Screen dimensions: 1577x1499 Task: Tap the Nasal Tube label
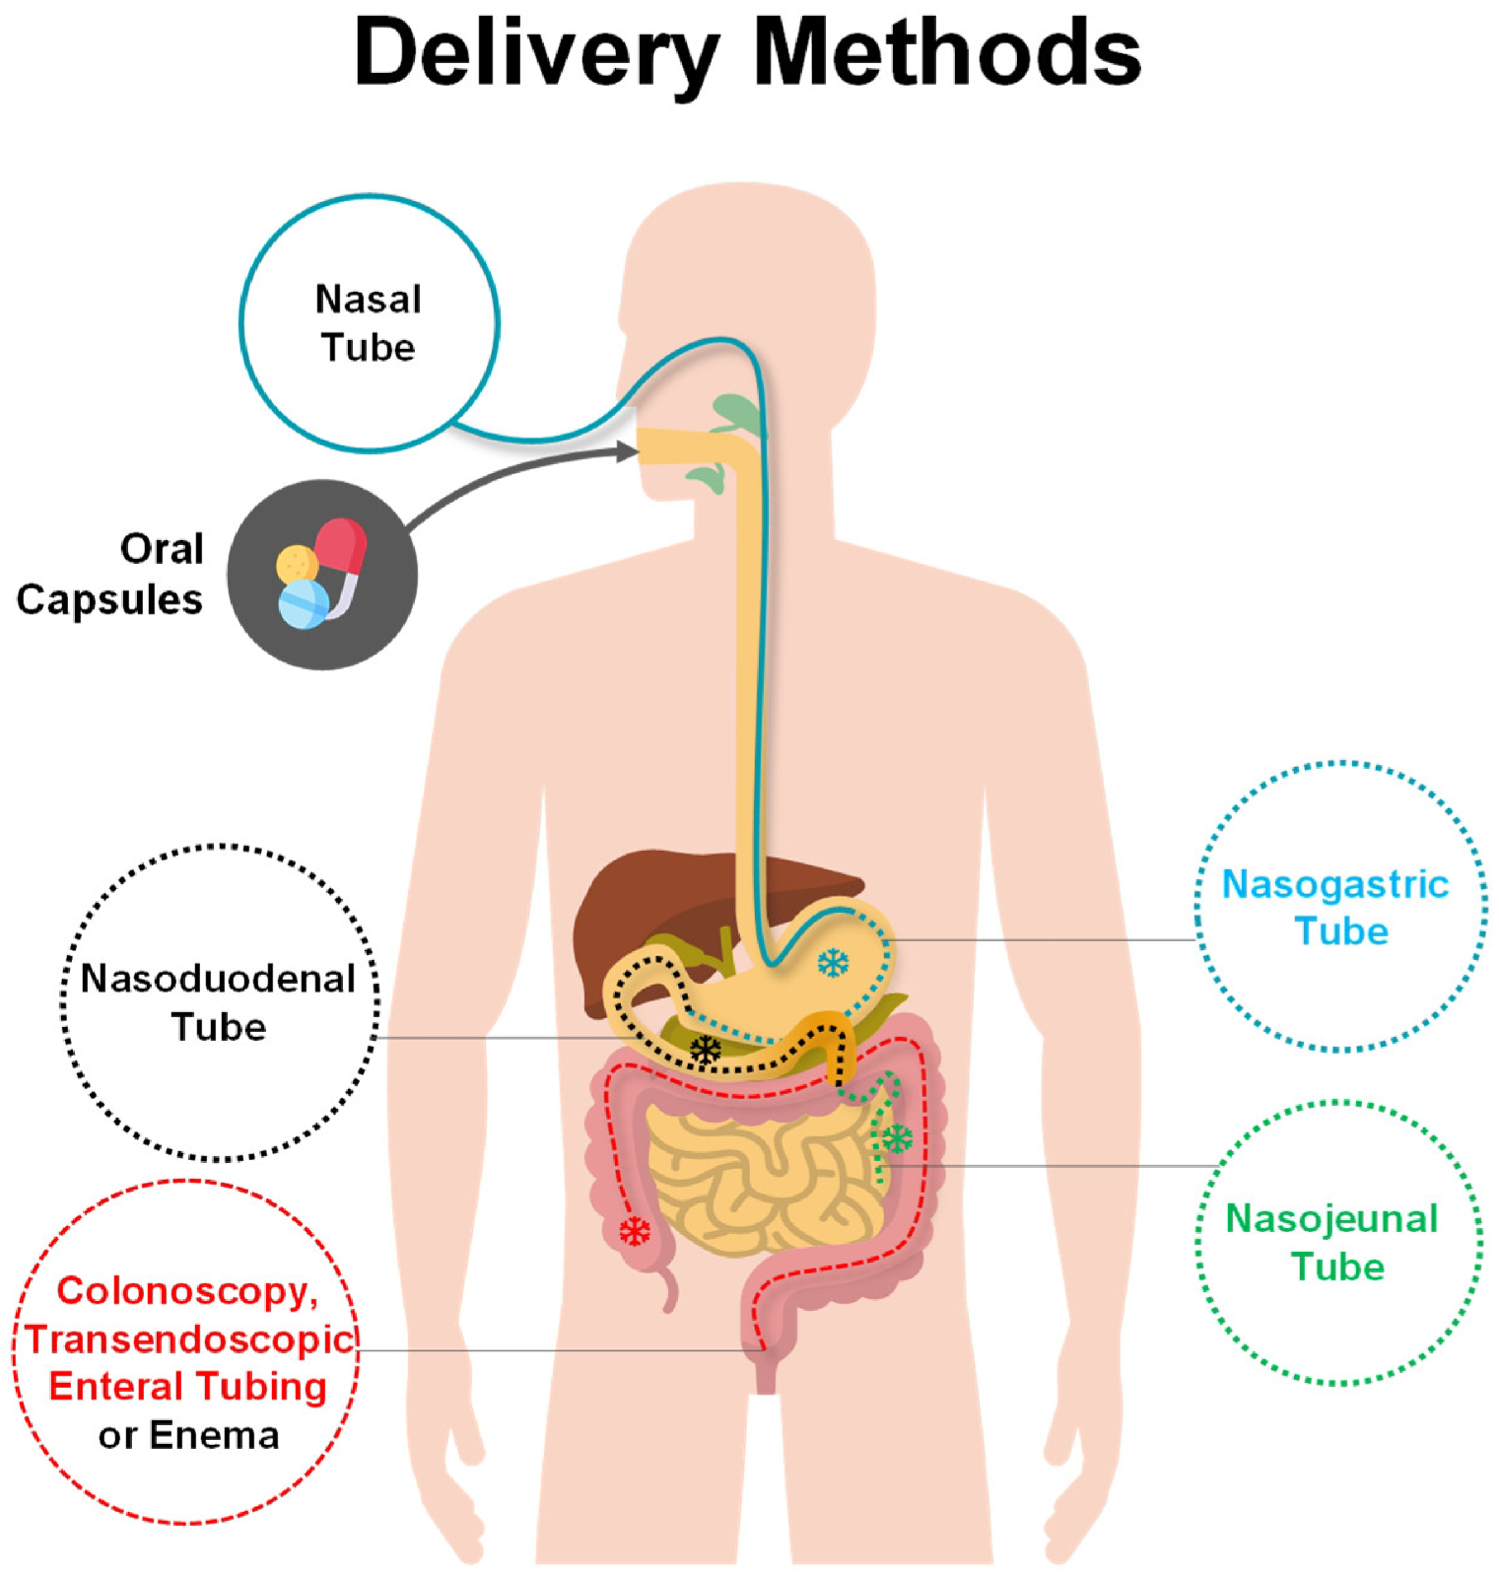pyautogui.click(x=369, y=322)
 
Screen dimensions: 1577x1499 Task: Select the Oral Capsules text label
pyautogui.click(x=110, y=574)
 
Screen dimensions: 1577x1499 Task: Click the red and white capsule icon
pyautogui.click(x=340, y=554)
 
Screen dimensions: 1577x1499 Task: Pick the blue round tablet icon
pyautogui.click(x=305, y=603)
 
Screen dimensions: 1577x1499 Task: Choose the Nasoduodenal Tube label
pyautogui.click(x=218, y=1002)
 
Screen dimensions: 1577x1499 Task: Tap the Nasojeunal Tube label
pyautogui.click(x=1332, y=1242)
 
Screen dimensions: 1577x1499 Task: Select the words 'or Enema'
pyautogui.click(x=187, y=1435)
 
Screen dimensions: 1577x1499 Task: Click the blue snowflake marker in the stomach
pyautogui.click(x=834, y=963)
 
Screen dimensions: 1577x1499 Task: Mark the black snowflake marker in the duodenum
pyautogui.click(x=706, y=1050)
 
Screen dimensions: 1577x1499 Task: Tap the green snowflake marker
pyautogui.click(x=897, y=1138)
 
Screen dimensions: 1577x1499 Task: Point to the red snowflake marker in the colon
pyautogui.click(x=635, y=1230)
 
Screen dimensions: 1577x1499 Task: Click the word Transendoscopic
pyautogui.click(x=189, y=1338)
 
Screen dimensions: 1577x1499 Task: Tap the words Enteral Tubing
pyautogui.click(x=187, y=1387)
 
